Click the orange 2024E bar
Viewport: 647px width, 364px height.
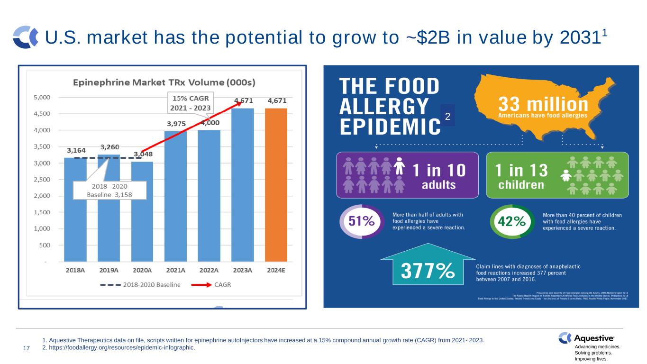(x=276, y=185)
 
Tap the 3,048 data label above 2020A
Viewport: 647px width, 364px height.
(x=143, y=155)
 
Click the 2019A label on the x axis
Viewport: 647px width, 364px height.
(x=109, y=270)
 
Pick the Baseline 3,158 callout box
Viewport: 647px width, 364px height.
(x=109, y=190)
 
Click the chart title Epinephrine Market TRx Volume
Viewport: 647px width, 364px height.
(x=164, y=82)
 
